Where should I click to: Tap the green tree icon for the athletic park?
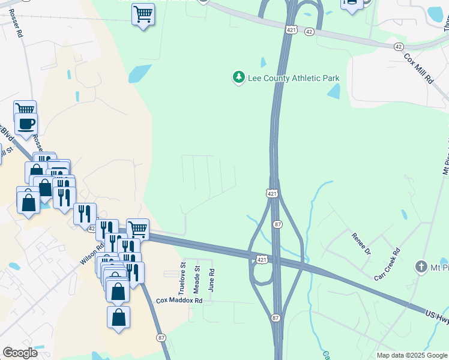click(x=239, y=77)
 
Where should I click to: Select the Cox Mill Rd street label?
click(x=418, y=68)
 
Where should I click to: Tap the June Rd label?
click(x=211, y=280)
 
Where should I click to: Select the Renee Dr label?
click(x=362, y=243)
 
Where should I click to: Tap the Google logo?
click(x=20, y=353)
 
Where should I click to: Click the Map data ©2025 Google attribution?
click(x=412, y=355)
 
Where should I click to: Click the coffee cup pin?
click(x=26, y=125)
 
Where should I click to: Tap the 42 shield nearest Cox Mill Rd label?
click(x=399, y=47)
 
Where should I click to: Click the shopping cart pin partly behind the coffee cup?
click(x=25, y=109)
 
